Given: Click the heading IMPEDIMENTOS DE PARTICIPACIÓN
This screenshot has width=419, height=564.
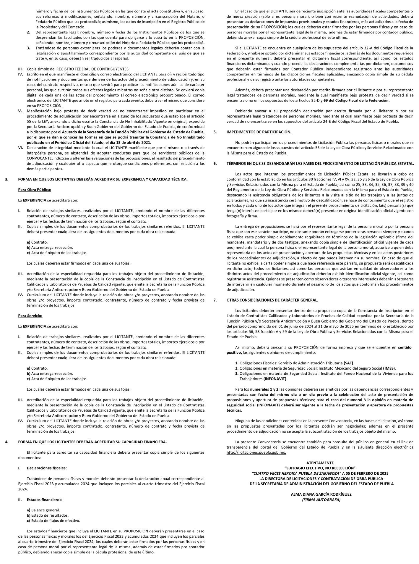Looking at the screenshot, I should click(x=259, y=132).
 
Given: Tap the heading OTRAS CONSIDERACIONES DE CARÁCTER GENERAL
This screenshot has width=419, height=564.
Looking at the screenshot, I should click(x=272, y=300).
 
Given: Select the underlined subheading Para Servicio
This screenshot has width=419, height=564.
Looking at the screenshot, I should click(x=30, y=316).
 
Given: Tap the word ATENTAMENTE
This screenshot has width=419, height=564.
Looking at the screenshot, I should click(x=320, y=463).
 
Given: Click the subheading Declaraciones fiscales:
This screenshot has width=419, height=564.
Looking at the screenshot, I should click(x=46, y=468).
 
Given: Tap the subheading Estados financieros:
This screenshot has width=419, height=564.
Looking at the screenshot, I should click(x=44, y=499).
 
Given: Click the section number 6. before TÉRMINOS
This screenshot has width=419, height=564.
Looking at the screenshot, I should click(x=215, y=163).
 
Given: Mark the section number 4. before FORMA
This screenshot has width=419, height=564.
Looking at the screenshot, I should click(x=7, y=442).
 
